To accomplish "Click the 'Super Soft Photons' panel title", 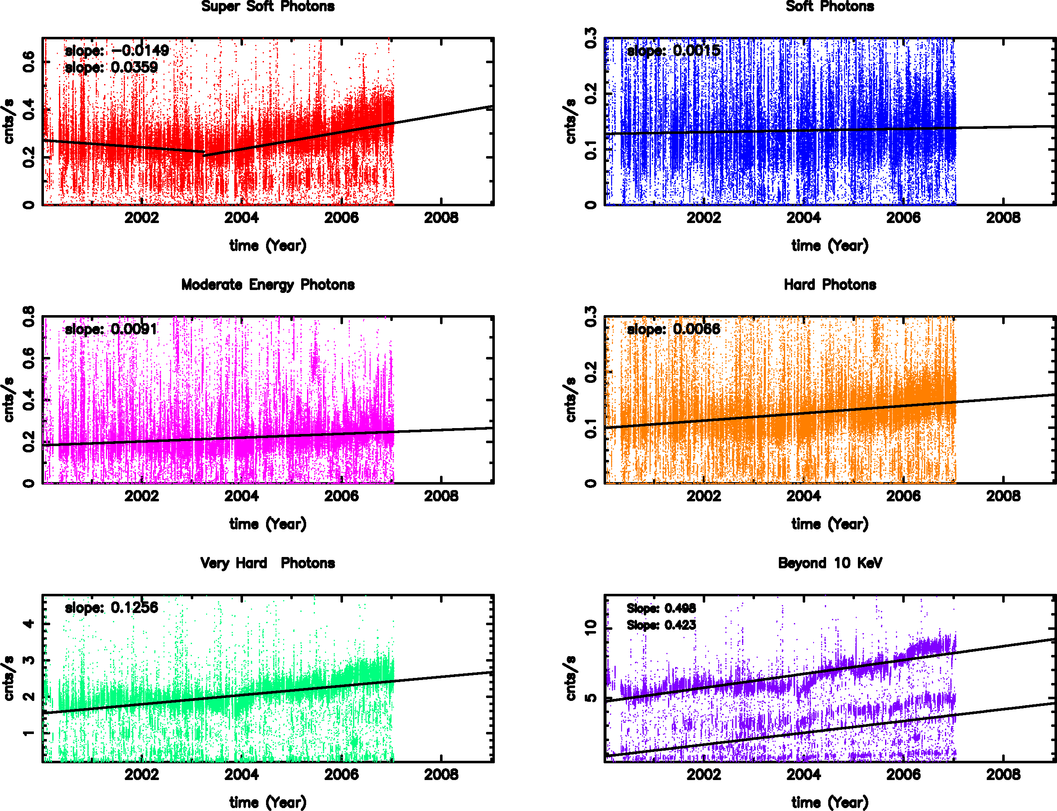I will [x=268, y=6].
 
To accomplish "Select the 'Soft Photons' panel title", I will [x=830, y=6].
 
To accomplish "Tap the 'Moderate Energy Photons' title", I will [x=268, y=285].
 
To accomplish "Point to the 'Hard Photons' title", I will [x=830, y=285].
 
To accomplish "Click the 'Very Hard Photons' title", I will [x=268, y=563].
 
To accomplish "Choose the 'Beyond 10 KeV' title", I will [x=830, y=563].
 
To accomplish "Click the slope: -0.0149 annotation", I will [x=117, y=50].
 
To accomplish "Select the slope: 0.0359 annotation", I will [x=111, y=67].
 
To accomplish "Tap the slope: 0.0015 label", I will [x=673, y=50].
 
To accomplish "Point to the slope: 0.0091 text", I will [x=111, y=329].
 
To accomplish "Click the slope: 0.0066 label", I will [x=673, y=329].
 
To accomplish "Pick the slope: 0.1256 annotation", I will [x=111, y=607].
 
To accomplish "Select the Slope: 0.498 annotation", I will [x=661, y=608].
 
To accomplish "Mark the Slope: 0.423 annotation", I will [x=661, y=625].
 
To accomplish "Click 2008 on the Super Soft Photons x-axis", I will [x=441, y=218].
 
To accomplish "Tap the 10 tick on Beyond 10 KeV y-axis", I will [x=591, y=628].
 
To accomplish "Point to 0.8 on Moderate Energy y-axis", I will [x=29, y=316].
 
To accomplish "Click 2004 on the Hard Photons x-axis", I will [x=804, y=496].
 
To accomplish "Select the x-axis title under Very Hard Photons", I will [x=268, y=802].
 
